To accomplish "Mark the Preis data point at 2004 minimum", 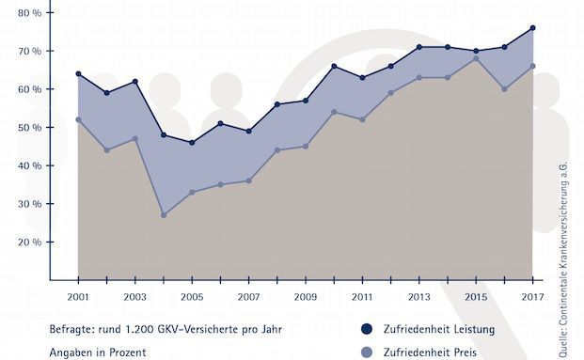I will click(164, 215).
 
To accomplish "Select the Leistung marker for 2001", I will click(78, 73).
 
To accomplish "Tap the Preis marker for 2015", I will click(476, 58).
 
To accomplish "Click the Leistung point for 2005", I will click(192, 142).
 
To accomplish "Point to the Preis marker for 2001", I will click(78, 119).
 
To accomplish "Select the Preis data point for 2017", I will click(533, 66).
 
